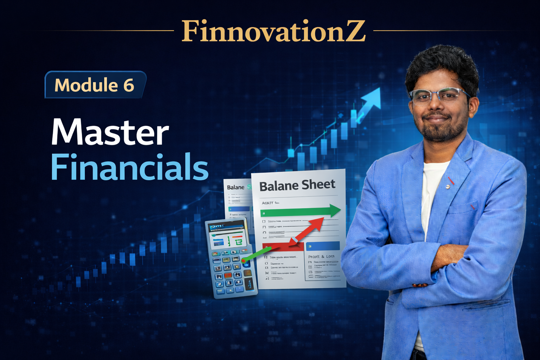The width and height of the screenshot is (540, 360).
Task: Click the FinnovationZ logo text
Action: point(274,31)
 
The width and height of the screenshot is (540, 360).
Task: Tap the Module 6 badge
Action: point(95,85)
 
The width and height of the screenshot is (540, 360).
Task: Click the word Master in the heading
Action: point(110,133)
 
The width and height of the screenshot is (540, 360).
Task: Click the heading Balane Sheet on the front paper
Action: point(297,185)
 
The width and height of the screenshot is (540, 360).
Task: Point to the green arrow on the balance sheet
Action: point(301,211)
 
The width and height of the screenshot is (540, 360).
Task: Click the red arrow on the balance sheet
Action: point(307,230)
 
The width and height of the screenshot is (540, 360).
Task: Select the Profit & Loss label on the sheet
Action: point(321,256)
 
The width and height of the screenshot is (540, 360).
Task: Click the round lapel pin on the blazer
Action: point(448,186)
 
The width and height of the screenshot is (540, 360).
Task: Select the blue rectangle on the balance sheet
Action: point(323,245)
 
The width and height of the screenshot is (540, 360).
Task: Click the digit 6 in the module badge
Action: point(129,85)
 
